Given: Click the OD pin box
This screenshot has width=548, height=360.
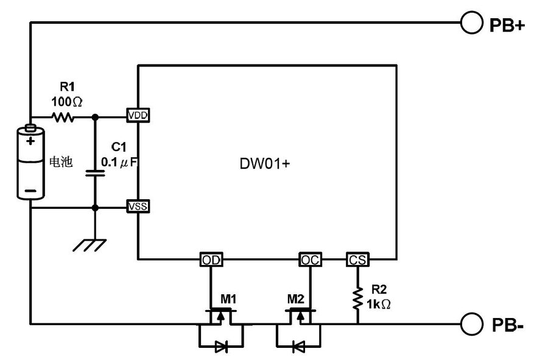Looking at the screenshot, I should click(211, 260).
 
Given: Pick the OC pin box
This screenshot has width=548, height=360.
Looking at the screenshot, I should click(310, 260).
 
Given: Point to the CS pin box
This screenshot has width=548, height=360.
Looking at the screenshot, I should click(357, 260).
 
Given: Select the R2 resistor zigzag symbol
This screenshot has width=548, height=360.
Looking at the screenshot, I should click(357, 298).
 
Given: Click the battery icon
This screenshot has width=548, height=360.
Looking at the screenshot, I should click(30, 162).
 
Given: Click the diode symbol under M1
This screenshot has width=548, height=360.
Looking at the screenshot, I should click(221, 347).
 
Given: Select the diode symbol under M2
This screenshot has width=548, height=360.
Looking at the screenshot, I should click(298, 347).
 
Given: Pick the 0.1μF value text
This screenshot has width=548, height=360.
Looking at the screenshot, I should click(120, 163).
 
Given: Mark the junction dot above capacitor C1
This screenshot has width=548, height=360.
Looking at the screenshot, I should click(94, 116).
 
